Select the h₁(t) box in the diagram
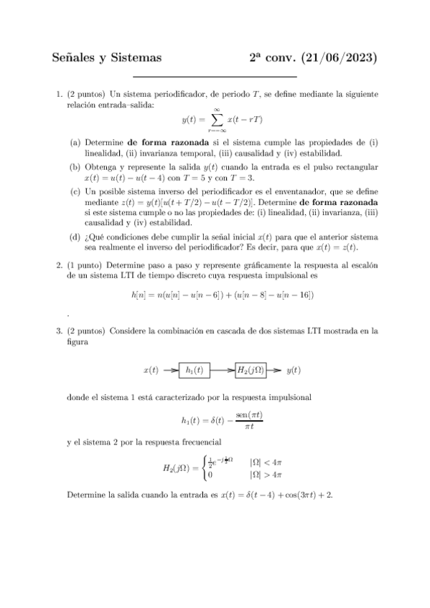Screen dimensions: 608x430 pos(193,370)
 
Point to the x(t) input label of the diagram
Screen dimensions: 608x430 pos(151,371)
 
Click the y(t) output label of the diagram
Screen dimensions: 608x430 pos(294,371)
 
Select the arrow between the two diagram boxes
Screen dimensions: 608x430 pos(223,370)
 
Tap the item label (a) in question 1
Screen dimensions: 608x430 pos(75,143)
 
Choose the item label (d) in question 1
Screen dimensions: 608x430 pos(75,237)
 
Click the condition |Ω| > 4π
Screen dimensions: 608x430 pos(265,475)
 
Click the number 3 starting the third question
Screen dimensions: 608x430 pos(59,332)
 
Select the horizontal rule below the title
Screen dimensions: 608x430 pos(215,76)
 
